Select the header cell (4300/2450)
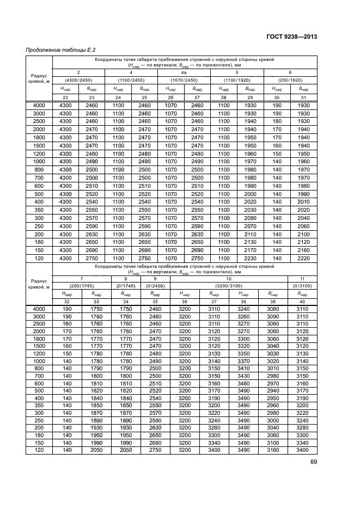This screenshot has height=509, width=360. click(x=78, y=79)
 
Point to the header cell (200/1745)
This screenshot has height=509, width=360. click(x=78, y=285)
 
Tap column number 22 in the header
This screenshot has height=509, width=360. click(x=65, y=97)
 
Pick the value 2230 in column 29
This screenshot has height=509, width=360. click(x=250, y=257)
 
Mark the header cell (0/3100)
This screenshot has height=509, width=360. click(x=302, y=285)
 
